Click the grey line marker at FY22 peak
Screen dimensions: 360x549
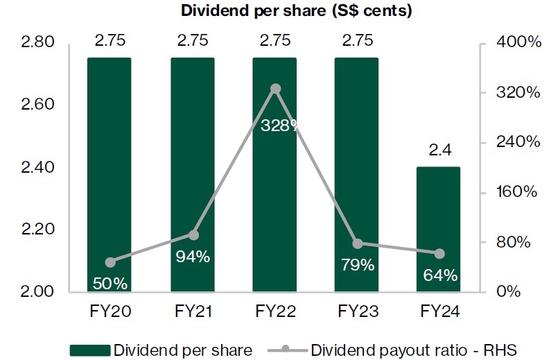(275, 89)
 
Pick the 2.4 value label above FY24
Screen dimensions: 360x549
(439, 150)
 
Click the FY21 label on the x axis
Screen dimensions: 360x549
(193, 311)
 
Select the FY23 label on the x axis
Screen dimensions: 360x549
(357, 311)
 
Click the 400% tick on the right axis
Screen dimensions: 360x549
(518, 43)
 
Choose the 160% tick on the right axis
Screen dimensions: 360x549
(518, 192)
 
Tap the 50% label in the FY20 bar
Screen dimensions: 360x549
(110, 283)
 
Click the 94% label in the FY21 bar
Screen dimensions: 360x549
(193, 256)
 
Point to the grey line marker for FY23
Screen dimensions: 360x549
(357, 243)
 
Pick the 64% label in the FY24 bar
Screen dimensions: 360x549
(440, 275)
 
